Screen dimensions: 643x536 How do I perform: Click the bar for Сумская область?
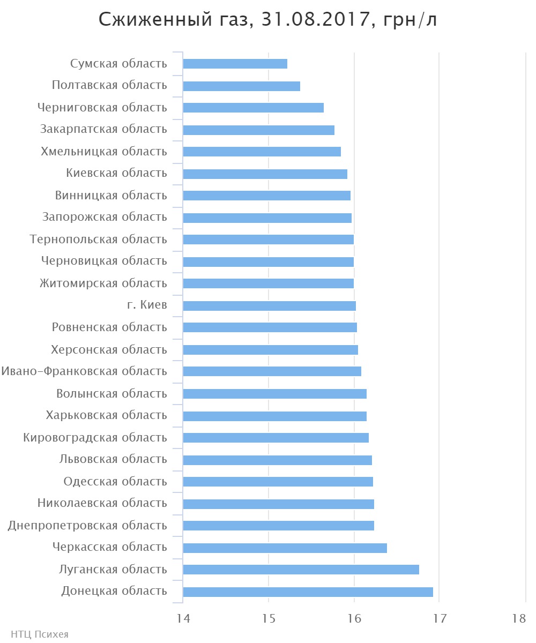(235, 64)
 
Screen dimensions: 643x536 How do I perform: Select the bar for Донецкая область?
(308, 592)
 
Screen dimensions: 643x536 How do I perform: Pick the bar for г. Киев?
(269, 306)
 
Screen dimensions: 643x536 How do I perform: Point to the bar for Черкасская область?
(285, 548)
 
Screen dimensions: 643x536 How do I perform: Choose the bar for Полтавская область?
(241, 86)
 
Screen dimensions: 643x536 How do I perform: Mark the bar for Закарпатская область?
(258, 130)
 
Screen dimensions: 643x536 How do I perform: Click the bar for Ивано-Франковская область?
(272, 371)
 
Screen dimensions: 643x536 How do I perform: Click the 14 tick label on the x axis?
(183, 618)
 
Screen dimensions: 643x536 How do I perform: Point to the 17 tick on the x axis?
(440, 618)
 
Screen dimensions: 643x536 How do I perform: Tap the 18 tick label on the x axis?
(519, 618)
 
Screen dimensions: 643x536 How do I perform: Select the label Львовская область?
(113, 459)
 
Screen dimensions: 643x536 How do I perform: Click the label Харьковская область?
(107, 415)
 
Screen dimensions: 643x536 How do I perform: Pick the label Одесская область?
(115, 481)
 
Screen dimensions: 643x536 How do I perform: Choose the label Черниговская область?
(102, 108)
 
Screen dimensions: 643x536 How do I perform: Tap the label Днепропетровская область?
(87, 525)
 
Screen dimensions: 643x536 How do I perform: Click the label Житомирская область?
(103, 283)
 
